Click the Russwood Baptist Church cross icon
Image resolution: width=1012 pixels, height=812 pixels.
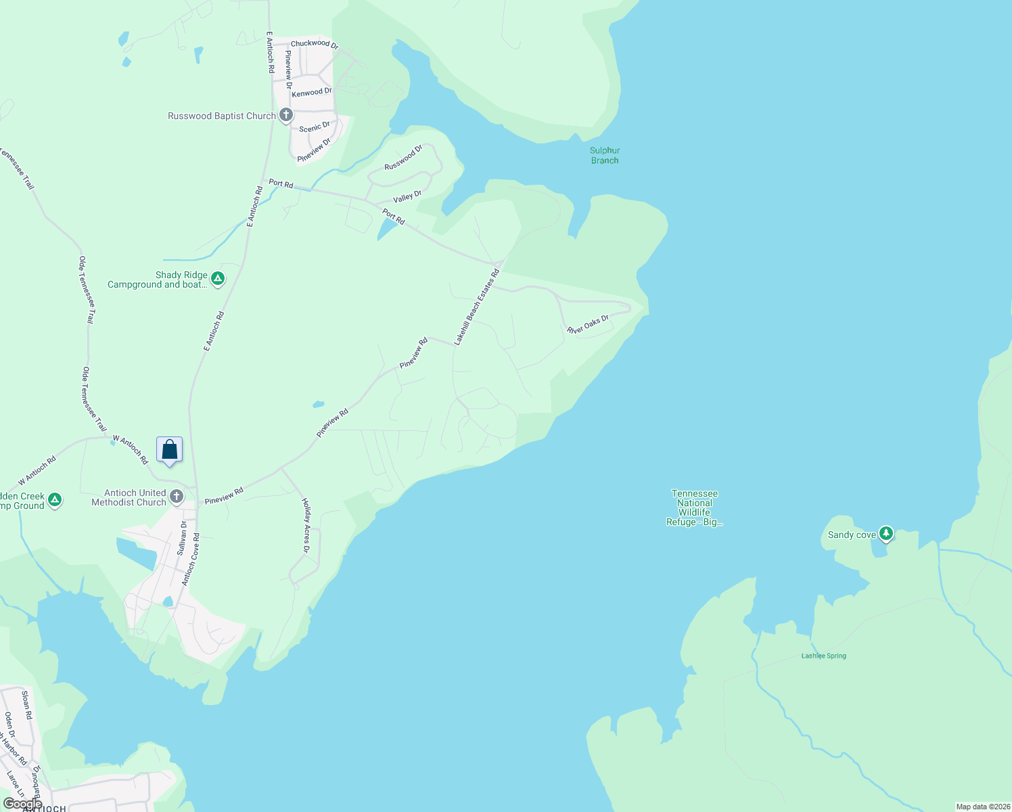286,115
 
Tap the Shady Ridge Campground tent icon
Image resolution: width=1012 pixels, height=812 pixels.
218,278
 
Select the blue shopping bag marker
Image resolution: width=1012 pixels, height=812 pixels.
169,450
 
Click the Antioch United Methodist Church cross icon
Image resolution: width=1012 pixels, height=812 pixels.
177,497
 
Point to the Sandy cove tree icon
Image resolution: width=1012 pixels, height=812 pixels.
885,534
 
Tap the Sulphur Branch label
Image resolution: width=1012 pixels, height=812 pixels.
605,156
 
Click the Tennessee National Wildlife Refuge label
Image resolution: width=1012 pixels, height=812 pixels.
695,507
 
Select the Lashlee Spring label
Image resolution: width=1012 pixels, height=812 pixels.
823,656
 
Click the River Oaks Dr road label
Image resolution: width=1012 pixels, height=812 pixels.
588,324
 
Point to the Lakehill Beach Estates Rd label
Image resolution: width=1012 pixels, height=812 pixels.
476,307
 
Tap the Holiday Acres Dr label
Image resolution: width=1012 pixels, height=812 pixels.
306,526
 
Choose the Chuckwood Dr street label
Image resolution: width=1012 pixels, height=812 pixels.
315,44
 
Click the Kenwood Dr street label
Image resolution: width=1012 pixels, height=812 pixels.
312,92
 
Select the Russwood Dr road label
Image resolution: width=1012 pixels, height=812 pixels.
403,158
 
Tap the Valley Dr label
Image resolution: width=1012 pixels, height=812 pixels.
407,197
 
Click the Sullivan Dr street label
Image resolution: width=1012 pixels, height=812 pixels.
183,538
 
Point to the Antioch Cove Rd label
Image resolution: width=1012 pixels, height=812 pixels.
191,560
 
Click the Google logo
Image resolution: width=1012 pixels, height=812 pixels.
22,803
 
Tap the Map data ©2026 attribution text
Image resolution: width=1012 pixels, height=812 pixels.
982,807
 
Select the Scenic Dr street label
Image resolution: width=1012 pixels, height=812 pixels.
315,127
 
